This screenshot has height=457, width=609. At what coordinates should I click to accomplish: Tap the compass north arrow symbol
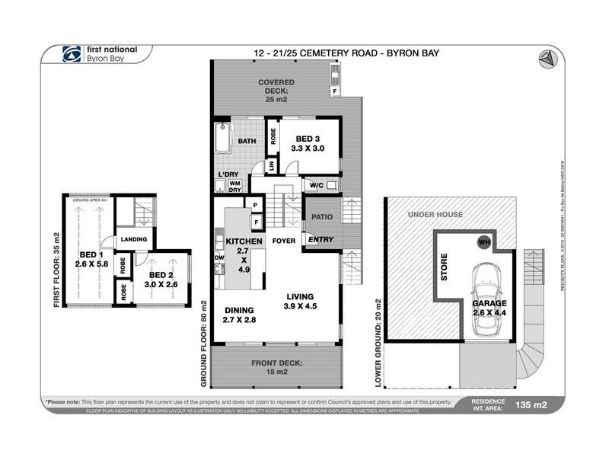point(547,58)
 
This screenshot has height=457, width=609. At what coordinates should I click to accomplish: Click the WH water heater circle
point(483,242)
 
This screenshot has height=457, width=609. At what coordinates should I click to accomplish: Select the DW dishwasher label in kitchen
point(219,257)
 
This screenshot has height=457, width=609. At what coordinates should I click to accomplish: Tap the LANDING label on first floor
point(133,239)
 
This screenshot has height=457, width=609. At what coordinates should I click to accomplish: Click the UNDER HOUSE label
point(435,214)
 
